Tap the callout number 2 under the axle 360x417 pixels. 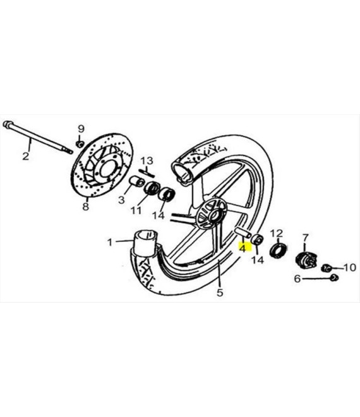25,156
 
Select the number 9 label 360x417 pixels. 81,129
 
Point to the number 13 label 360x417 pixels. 147,161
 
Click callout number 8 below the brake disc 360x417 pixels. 85,207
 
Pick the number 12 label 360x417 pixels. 277,234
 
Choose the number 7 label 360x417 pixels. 306,238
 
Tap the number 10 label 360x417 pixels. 350,267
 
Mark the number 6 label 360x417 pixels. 297,279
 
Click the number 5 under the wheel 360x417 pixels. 220,293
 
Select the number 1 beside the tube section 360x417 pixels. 110,242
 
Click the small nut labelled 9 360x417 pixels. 80,144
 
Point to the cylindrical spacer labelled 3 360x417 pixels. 136,182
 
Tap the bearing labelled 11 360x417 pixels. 152,188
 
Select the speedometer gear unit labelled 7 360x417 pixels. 306,259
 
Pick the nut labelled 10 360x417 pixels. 326,267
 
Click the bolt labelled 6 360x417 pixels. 334,278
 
